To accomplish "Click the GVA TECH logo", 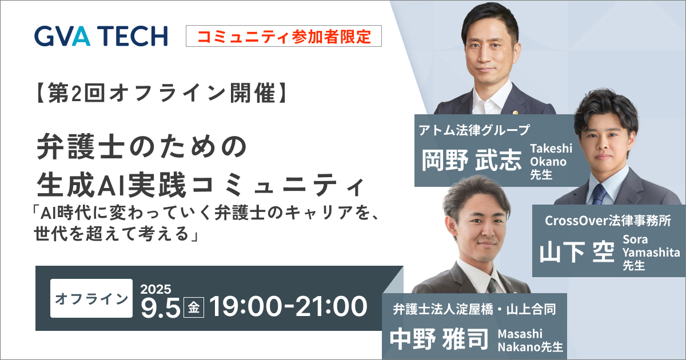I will pyautogui.click(x=101, y=36).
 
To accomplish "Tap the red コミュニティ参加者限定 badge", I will pyautogui.click(x=284, y=36).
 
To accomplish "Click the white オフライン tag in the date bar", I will pyautogui.click(x=91, y=298).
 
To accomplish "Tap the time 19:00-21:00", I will pyautogui.click(x=288, y=307).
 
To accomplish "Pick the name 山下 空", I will pyautogui.click(x=577, y=251).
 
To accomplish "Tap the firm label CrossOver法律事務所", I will pyautogui.click(x=607, y=219).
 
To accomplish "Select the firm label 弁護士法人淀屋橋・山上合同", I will pyautogui.click(x=474, y=310).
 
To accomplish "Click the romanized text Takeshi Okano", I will pyautogui.click(x=551, y=155).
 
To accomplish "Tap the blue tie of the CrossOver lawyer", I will pyautogui.click(x=599, y=194).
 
